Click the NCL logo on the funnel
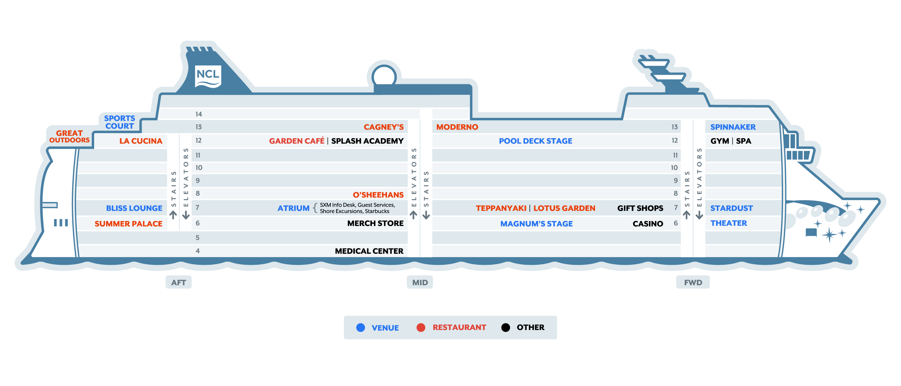208,76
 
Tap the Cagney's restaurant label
383,127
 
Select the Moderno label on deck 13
457,127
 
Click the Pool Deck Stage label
535,141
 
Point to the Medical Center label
369,251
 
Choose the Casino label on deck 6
647,224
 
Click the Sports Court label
119,122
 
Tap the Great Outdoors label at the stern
69,136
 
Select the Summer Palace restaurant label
128,224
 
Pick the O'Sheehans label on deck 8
378,195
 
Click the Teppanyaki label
501,208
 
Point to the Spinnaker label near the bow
733,127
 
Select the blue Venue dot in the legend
361,328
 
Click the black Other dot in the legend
505,328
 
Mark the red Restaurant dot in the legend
421,328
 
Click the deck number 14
199,114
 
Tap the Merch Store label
375,223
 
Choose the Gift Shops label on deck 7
640,208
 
